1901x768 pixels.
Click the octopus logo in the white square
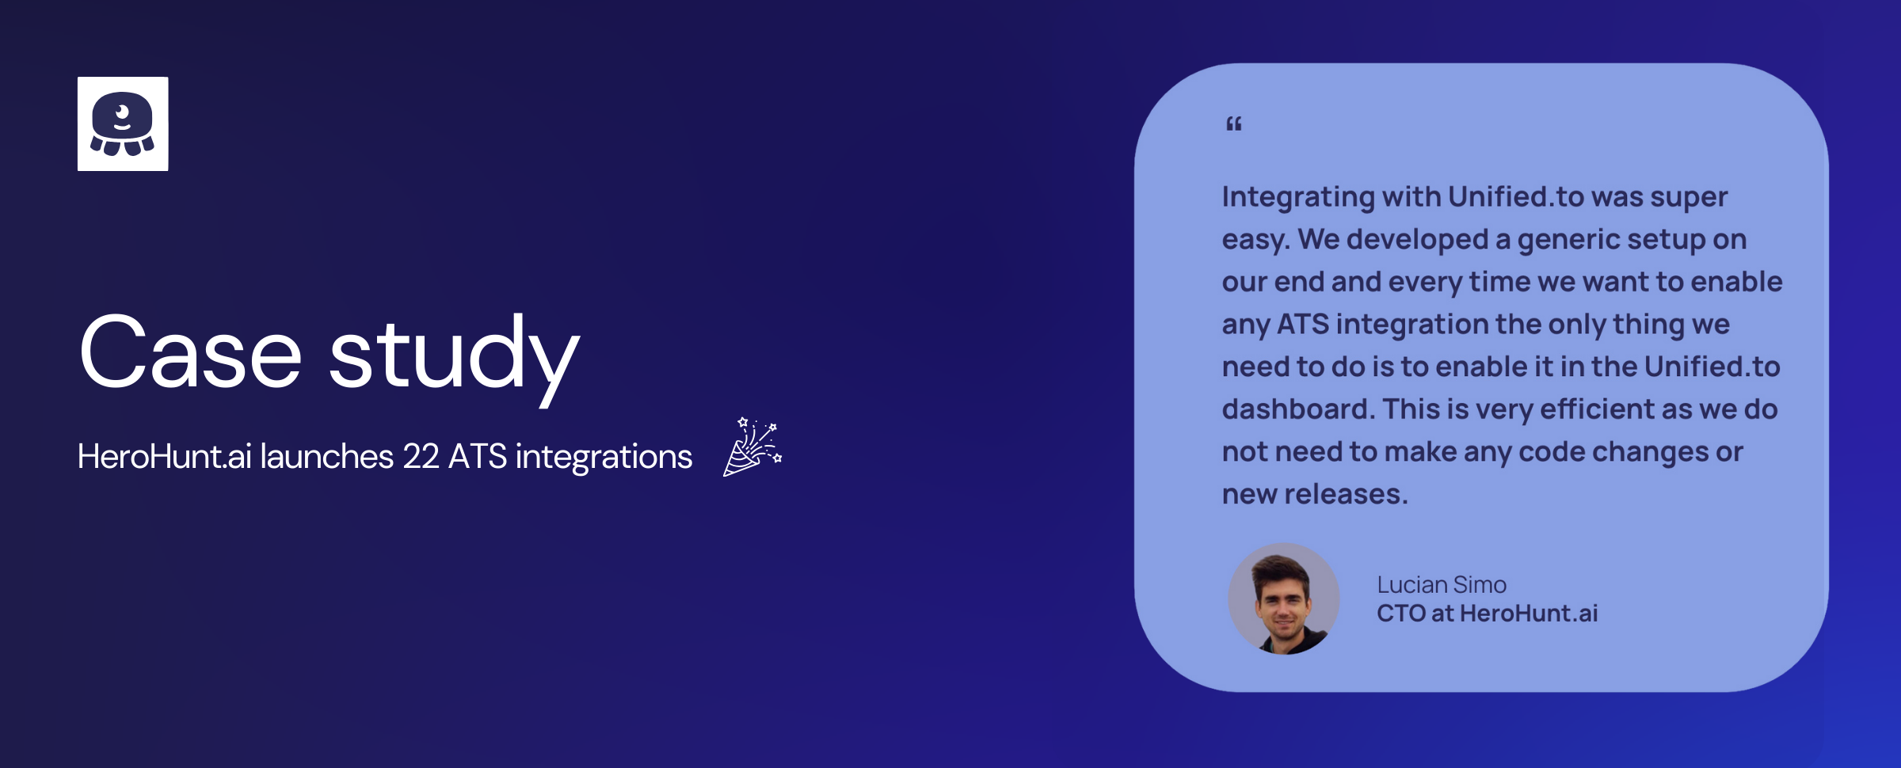[x=122, y=124]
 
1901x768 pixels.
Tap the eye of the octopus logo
[x=122, y=112]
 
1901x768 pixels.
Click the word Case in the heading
[x=191, y=352]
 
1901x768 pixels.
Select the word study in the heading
[x=455, y=358]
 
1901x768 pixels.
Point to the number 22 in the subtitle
[x=421, y=457]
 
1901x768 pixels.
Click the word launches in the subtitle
[x=327, y=457]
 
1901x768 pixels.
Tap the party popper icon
[x=752, y=447]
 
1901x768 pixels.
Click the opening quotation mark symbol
[x=1234, y=124]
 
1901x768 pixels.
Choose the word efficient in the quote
[x=1597, y=409]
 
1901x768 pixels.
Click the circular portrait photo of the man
[x=1284, y=599]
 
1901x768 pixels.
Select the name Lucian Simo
[x=1442, y=585]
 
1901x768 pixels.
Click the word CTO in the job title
[x=1401, y=614]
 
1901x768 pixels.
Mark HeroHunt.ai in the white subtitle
[x=165, y=457]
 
